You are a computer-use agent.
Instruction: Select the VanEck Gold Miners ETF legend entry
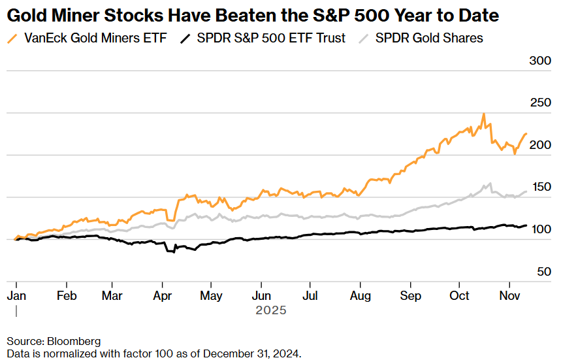(x=95, y=38)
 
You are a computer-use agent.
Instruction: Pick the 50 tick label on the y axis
(x=544, y=271)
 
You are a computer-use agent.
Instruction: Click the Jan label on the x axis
(x=16, y=295)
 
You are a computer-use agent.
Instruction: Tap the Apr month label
(x=163, y=295)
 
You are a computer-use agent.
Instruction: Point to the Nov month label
(x=509, y=295)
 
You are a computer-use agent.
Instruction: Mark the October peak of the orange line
(x=483, y=114)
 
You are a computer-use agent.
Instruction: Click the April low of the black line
(x=174, y=252)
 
